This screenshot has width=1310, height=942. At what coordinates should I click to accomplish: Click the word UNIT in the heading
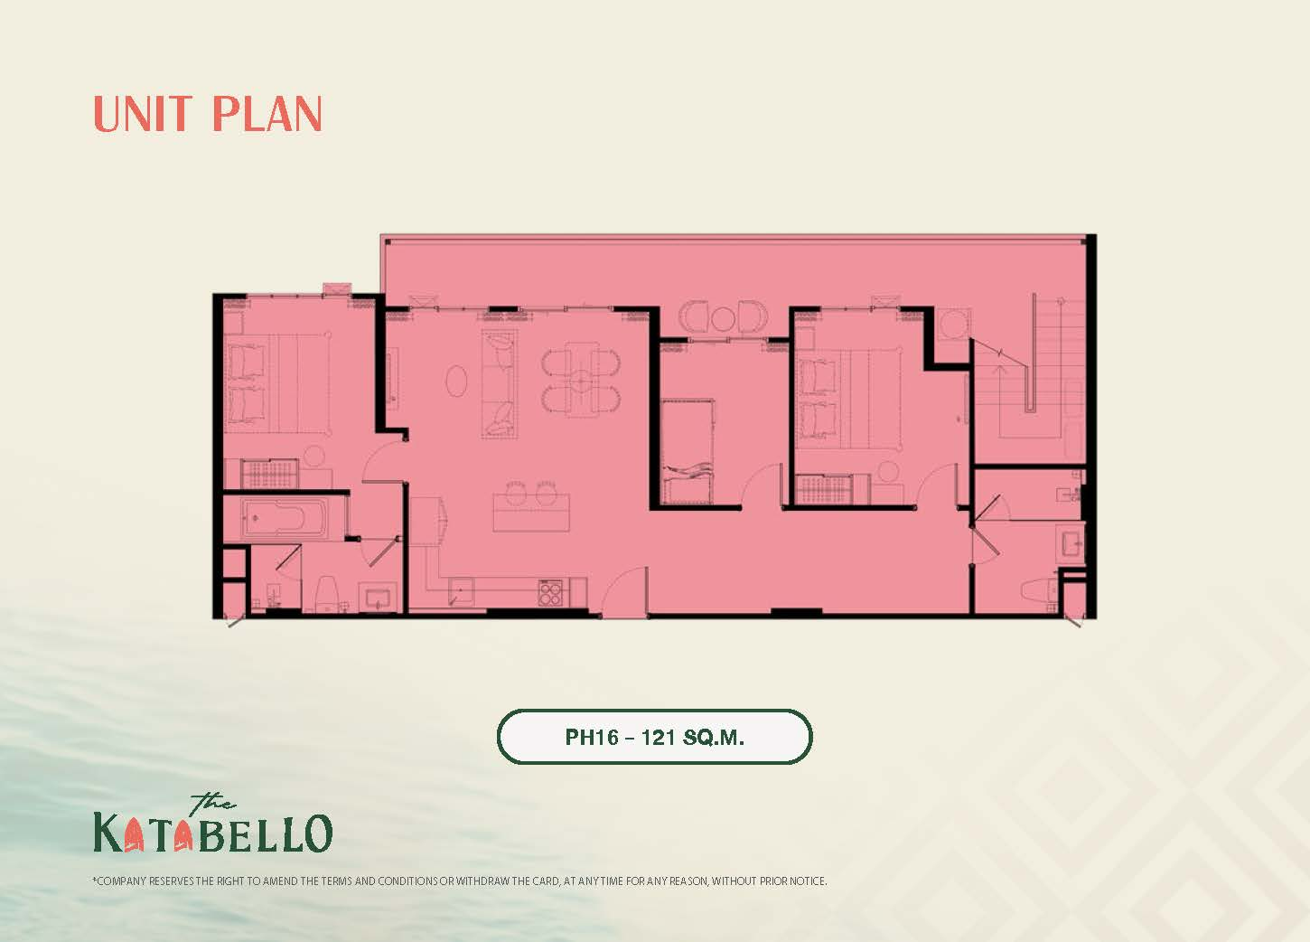pyautogui.click(x=143, y=114)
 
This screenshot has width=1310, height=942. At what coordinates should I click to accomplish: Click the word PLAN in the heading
pyautogui.click(x=267, y=114)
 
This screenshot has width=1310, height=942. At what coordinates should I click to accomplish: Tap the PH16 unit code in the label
pyautogui.click(x=593, y=737)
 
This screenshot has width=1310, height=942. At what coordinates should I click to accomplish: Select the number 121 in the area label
pyautogui.click(x=659, y=737)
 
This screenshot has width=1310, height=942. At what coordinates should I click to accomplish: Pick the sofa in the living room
pyautogui.click(x=500, y=385)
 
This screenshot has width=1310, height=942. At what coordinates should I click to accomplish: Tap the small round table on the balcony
pyautogui.click(x=723, y=318)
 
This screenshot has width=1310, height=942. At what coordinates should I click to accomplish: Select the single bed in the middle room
pyautogui.click(x=688, y=451)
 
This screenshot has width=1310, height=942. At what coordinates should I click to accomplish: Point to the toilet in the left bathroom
pyautogui.click(x=327, y=592)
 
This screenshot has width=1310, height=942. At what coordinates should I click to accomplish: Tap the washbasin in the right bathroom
pyautogui.click(x=1071, y=543)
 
